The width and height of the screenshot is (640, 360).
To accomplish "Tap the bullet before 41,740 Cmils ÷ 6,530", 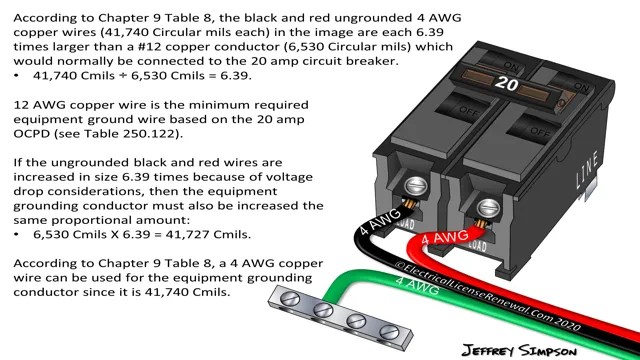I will (17, 76).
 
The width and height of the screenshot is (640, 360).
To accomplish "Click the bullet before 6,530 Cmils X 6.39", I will (17, 234).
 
